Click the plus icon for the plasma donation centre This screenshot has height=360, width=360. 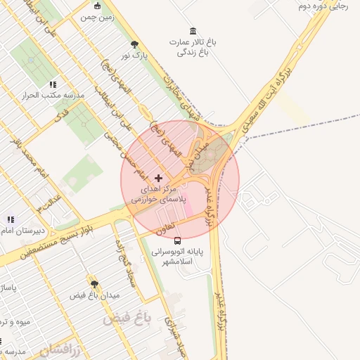coord(158,179)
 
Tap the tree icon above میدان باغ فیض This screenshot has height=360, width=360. coord(94,285)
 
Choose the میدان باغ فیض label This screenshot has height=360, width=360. coord(94,296)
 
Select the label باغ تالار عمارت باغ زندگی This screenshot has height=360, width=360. coord(193,47)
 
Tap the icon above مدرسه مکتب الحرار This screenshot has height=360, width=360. coord(52,84)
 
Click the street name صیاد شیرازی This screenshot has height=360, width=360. coord(174,336)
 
